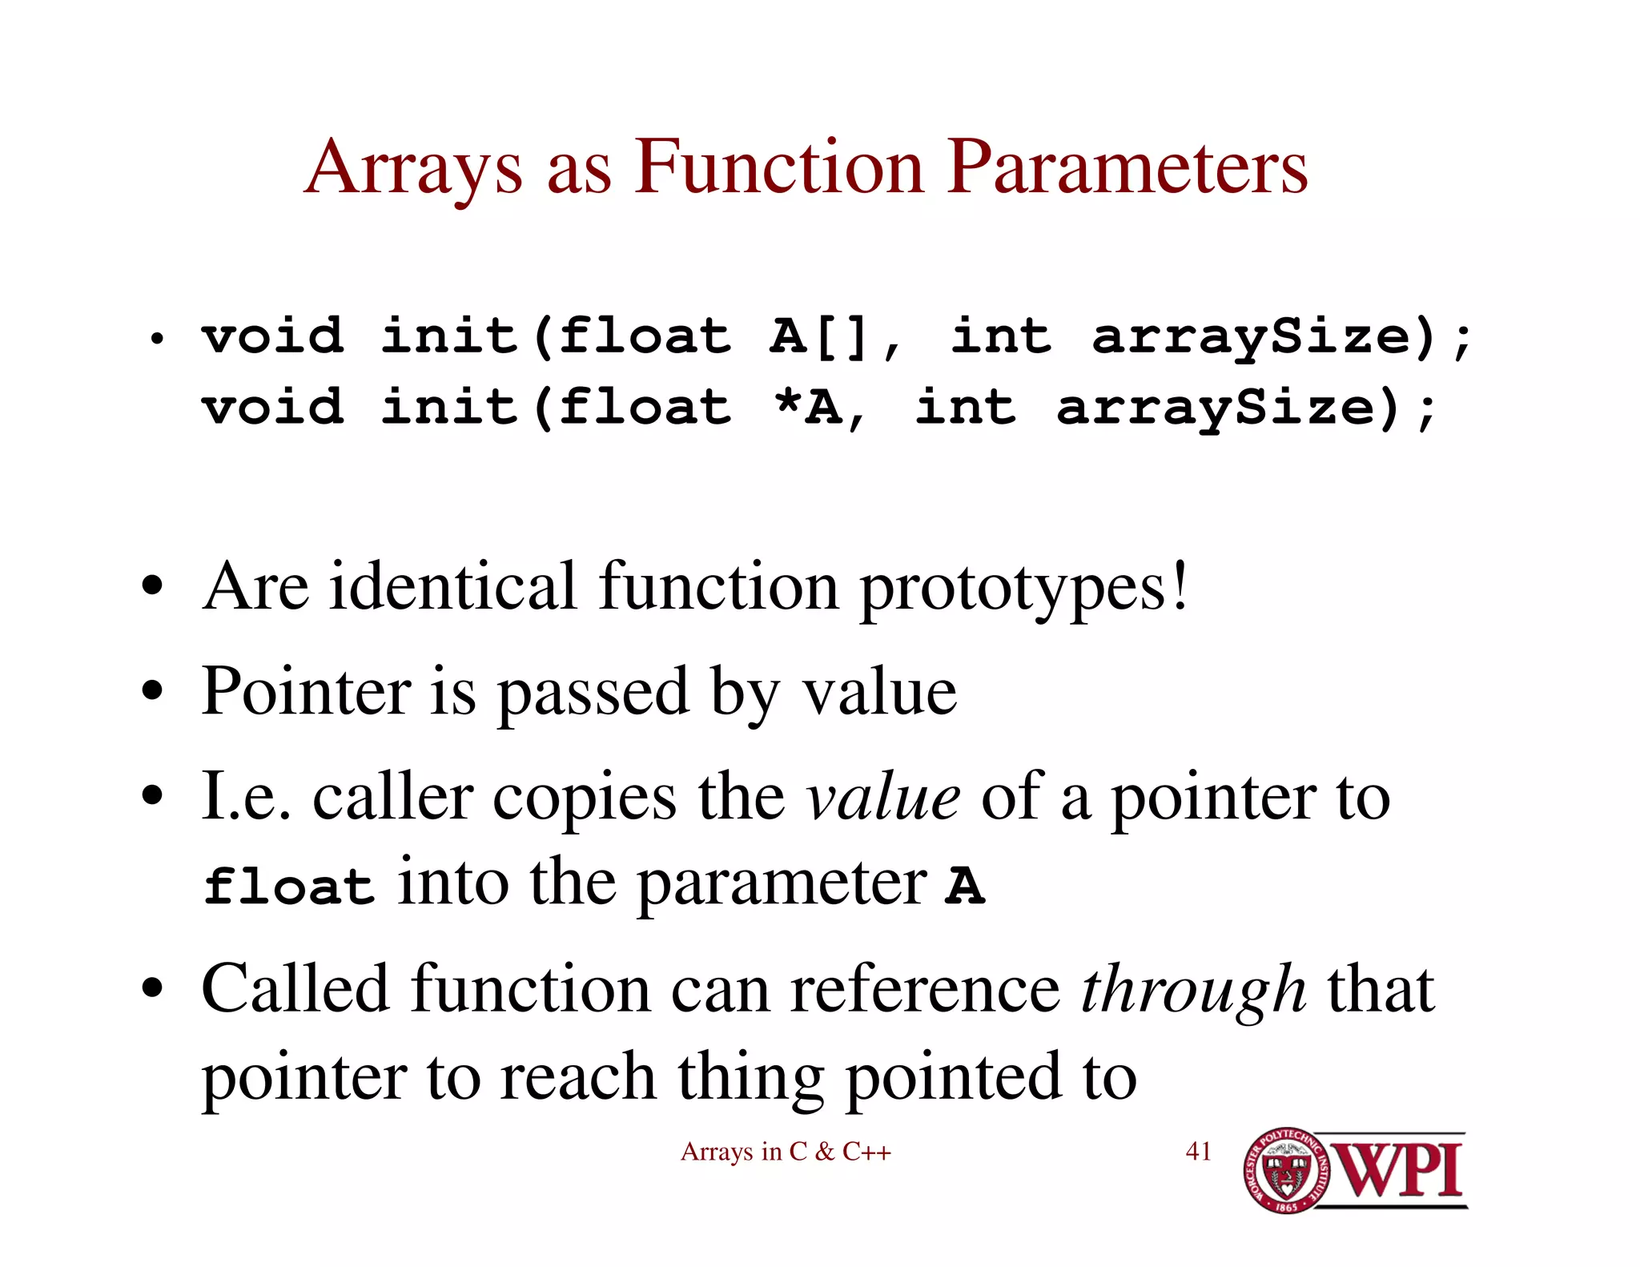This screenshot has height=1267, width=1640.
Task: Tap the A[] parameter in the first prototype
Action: [x=820, y=336]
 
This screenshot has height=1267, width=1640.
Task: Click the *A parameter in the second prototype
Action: [x=810, y=407]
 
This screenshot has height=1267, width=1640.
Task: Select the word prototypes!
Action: [x=1024, y=588]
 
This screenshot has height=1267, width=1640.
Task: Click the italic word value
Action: [x=883, y=798]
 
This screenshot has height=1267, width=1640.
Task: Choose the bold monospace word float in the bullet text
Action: [x=289, y=887]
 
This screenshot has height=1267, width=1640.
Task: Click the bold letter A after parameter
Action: [x=965, y=886]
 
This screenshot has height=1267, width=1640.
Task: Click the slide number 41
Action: [x=1198, y=1151]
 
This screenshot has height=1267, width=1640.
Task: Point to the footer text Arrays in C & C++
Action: [x=786, y=1152]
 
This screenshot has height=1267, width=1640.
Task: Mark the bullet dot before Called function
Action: [x=152, y=988]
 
